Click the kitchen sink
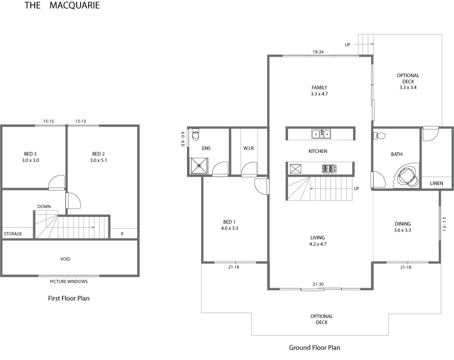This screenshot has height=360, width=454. (x=321, y=134)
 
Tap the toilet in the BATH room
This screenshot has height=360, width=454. (x=379, y=136)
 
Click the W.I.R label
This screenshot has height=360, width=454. (x=248, y=148)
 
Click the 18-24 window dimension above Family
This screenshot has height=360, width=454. (x=318, y=52)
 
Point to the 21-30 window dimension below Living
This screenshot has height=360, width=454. (x=318, y=284)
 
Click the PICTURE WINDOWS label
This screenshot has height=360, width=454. (x=69, y=281)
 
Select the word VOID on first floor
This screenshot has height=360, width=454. (x=65, y=259)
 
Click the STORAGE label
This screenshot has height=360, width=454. (x=13, y=234)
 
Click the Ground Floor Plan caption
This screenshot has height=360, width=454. (x=314, y=348)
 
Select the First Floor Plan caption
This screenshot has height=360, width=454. (x=69, y=298)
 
